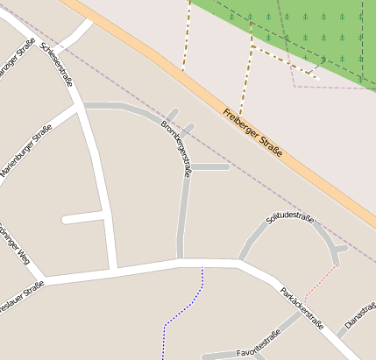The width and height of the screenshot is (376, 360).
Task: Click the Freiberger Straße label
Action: pyautogui.click(x=252, y=133)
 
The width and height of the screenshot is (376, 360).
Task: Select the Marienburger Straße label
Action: pyautogui.click(x=26, y=152)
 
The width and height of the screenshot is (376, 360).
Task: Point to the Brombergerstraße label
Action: pyautogui.click(x=176, y=148)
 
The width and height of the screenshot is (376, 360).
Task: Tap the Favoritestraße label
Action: pyautogui.click(x=259, y=345)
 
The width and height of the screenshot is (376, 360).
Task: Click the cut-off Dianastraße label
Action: pyautogui.click(x=360, y=314)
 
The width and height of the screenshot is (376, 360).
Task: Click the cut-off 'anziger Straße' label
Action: pyautogui.click(x=16, y=60)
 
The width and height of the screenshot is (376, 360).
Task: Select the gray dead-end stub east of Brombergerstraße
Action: pyautogui.click(x=210, y=166)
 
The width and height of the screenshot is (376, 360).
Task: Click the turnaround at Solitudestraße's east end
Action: pyautogui.click(x=337, y=251)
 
